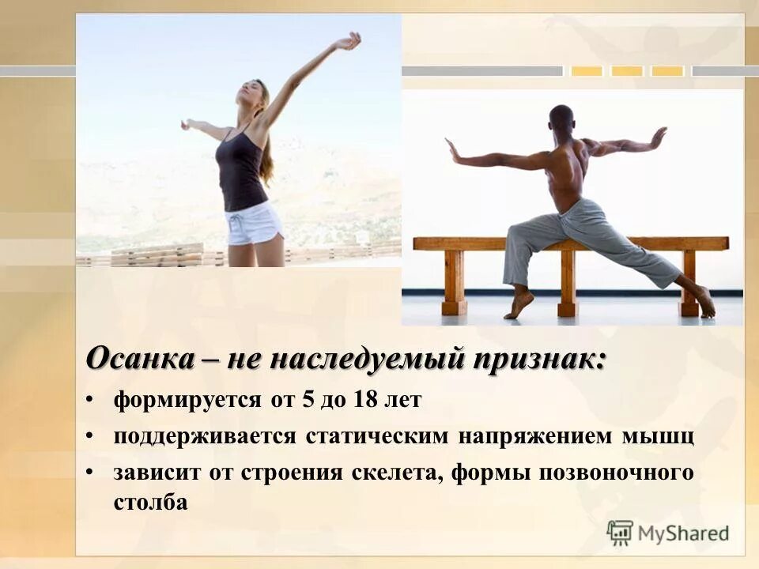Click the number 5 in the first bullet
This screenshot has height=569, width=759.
tap(306, 401)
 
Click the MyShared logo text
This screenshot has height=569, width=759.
tap(685, 532)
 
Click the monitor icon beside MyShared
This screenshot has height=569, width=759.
tap(621, 532)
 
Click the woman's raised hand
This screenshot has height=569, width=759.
tap(348, 40)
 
